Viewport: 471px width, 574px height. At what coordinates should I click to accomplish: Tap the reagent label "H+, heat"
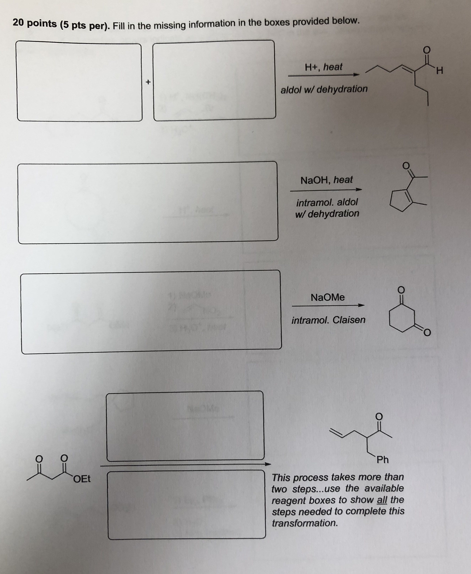pos(323,67)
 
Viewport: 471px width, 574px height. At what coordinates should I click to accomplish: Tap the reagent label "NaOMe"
pos(328,297)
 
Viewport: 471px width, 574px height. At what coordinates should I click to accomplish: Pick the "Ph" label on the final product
pos(383,460)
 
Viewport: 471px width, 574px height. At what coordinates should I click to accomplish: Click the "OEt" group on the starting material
pos(82,479)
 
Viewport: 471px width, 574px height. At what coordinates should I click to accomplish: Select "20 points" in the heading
pos(34,23)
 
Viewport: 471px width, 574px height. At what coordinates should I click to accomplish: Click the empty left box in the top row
pos(79,81)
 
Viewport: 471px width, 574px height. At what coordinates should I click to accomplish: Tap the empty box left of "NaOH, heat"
pos(148,203)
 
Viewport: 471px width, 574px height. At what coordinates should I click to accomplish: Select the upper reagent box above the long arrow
pos(185,426)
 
